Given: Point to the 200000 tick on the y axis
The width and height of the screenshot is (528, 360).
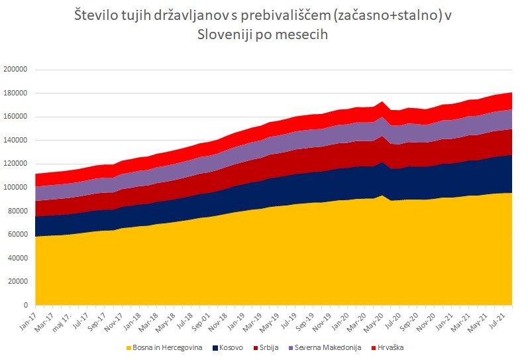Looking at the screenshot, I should (x=17, y=70).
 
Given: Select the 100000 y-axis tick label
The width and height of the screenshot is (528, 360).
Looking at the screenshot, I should (x=17, y=188).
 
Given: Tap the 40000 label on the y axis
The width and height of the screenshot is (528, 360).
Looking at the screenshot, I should (x=19, y=259).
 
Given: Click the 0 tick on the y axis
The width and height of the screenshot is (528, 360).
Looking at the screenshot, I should (x=28, y=306).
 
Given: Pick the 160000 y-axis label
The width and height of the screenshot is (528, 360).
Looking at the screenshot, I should (x=17, y=117).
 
